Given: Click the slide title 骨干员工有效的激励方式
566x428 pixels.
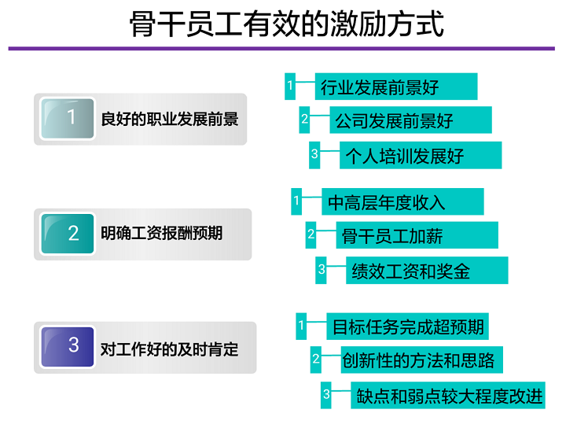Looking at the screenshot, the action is (x=287, y=24).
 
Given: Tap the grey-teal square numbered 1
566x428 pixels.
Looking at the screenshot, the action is (x=68, y=119).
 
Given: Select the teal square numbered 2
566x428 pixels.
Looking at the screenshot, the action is (x=68, y=234).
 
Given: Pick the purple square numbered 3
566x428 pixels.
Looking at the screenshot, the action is (x=68, y=347).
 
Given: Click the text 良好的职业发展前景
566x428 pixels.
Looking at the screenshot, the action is (x=170, y=119).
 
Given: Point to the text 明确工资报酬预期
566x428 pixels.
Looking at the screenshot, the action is (x=162, y=234).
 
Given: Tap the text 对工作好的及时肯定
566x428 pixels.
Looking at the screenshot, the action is (x=169, y=349).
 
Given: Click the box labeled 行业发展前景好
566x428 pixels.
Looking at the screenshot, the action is (x=396, y=87).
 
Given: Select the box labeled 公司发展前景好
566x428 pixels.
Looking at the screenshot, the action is (x=411, y=120).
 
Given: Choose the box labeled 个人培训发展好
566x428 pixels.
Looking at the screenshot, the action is (x=421, y=155).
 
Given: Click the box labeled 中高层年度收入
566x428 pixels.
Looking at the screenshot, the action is (x=402, y=201).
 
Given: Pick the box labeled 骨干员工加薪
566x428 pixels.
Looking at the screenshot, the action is (x=417, y=235).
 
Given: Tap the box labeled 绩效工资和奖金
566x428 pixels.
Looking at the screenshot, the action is (x=427, y=270).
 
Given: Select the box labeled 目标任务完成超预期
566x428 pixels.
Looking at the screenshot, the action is (x=407, y=327).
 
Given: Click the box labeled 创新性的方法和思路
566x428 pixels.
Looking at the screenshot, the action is (x=422, y=360).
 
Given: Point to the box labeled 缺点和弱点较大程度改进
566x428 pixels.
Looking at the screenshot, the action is (x=448, y=395).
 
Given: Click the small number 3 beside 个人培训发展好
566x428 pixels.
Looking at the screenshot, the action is (x=314, y=155).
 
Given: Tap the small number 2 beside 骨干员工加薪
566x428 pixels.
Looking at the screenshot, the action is (x=311, y=235).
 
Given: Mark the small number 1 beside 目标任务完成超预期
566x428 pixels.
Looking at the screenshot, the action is (x=301, y=327).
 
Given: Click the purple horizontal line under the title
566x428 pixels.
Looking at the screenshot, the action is (x=281, y=49).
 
